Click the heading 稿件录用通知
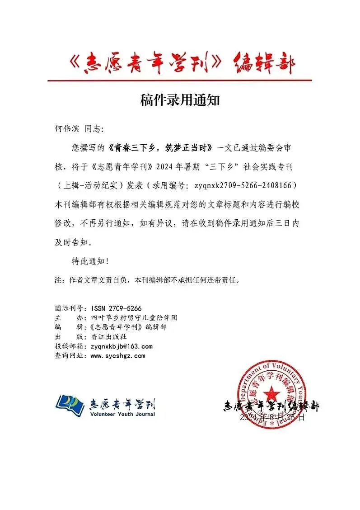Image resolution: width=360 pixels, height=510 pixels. click(x=180, y=100)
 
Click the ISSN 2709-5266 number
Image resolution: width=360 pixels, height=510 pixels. click(x=110, y=306)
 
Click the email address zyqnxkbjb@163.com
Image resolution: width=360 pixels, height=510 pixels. click(x=122, y=346)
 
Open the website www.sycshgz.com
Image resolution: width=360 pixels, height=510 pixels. click(x=118, y=356)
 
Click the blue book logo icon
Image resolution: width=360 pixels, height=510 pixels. click(x=70, y=404)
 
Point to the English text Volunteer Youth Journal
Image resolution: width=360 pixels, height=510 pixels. click(x=122, y=414)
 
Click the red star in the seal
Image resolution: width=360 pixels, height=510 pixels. click(x=272, y=392)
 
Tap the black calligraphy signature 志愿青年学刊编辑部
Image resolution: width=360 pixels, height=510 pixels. click(x=271, y=406)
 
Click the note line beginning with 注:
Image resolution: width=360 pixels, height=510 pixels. click(x=147, y=280)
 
